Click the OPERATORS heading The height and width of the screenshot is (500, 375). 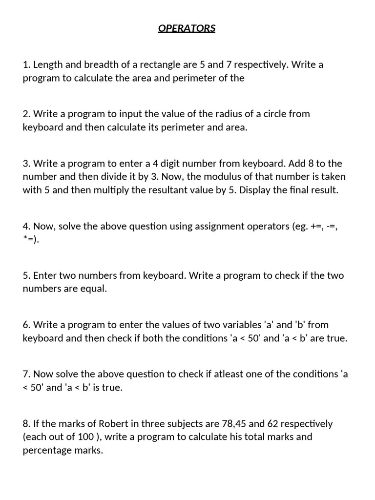pyautogui.click(x=187, y=28)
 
